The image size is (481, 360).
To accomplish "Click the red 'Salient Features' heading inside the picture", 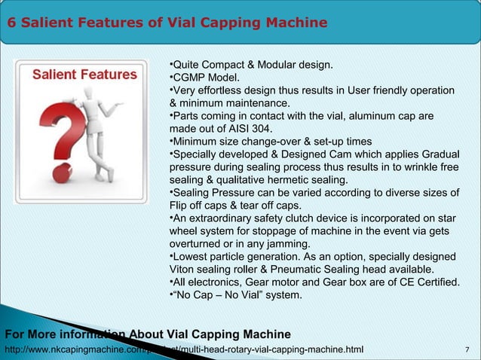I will point(84,75).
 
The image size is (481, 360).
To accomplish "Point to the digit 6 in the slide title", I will point(12,23).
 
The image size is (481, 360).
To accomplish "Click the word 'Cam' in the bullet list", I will point(362,154).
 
